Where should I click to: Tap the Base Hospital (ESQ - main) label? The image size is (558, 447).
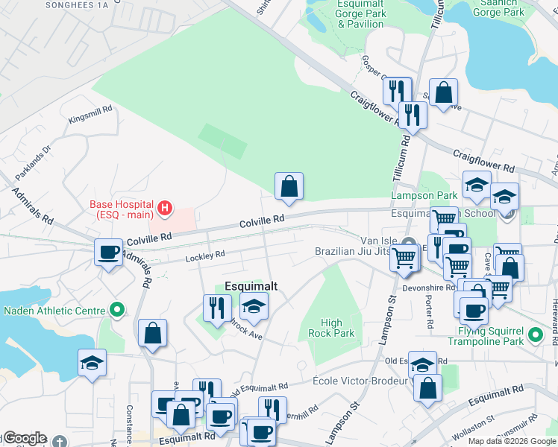click(122, 210)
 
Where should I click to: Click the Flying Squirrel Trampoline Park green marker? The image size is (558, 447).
click(534, 336)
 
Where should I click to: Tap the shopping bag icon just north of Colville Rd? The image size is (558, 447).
click(289, 186)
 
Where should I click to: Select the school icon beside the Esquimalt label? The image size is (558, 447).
click(254, 305)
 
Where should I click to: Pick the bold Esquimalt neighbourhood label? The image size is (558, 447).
click(251, 286)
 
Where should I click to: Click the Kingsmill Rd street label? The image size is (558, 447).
click(90, 114)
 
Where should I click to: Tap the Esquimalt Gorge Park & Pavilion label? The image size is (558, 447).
click(360, 13)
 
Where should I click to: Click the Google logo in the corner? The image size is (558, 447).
click(25, 438)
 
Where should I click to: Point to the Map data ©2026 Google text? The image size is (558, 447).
click(511, 441)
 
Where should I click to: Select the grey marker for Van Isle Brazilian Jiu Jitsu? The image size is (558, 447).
click(408, 244)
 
